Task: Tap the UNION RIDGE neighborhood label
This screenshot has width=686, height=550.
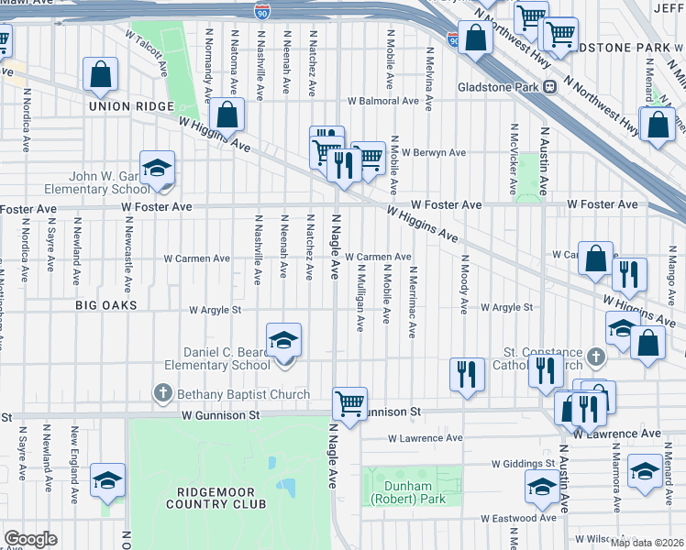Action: click(x=131, y=106)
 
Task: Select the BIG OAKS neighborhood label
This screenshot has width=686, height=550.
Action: click(x=106, y=304)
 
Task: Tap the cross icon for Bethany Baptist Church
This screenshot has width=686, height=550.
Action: click(x=162, y=394)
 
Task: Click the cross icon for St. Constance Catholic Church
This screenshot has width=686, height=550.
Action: click(x=595, y=355)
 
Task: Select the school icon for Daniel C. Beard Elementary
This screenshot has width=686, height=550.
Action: click(x=284, y=341)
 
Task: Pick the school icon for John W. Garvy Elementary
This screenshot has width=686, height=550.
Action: click(x=158, y=168)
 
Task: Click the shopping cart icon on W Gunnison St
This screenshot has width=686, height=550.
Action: click(x=349, y=401)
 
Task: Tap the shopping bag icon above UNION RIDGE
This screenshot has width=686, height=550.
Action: click(x=101, y=74)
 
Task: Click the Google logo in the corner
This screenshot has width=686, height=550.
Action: click(x=30, y=538)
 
